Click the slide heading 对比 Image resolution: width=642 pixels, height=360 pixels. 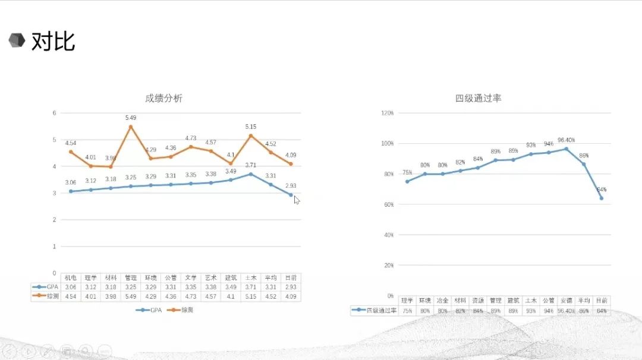(x=53, y=42)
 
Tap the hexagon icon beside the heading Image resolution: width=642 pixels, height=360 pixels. (x=17, y=40)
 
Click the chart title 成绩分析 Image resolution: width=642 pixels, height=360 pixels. (x=163, y=99)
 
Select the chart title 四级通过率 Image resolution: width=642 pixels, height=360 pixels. (x=479, y=98)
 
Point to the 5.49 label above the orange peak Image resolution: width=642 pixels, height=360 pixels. (x=131, y=118)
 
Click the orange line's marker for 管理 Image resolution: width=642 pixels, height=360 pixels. (x=131, y=127)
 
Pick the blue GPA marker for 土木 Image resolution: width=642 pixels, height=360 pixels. (x=251, y=174)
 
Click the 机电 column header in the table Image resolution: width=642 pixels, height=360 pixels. (x=71, y=277)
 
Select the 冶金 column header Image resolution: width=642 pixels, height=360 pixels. (x=442, y=301)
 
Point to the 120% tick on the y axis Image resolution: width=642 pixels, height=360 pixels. (x=387, y=113)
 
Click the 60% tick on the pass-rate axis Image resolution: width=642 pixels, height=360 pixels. (x=388, y=204)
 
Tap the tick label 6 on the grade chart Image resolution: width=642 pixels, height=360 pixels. (x=54, y=113)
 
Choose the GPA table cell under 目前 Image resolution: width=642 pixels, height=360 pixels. (x=291, y=287)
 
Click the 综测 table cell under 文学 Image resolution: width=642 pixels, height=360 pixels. (x=190, y=296)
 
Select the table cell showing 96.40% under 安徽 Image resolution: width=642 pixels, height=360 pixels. (x=567, y=311)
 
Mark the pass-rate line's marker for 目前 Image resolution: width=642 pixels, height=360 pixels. (x=602, y=198)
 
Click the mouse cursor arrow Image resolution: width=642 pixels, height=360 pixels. (x=297, y=200)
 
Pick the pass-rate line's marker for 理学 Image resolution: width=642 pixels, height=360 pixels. (x=407, y=181)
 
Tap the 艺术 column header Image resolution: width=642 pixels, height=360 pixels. (x=210, y=277)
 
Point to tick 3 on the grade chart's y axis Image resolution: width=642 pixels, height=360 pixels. (x=54, y=193)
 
